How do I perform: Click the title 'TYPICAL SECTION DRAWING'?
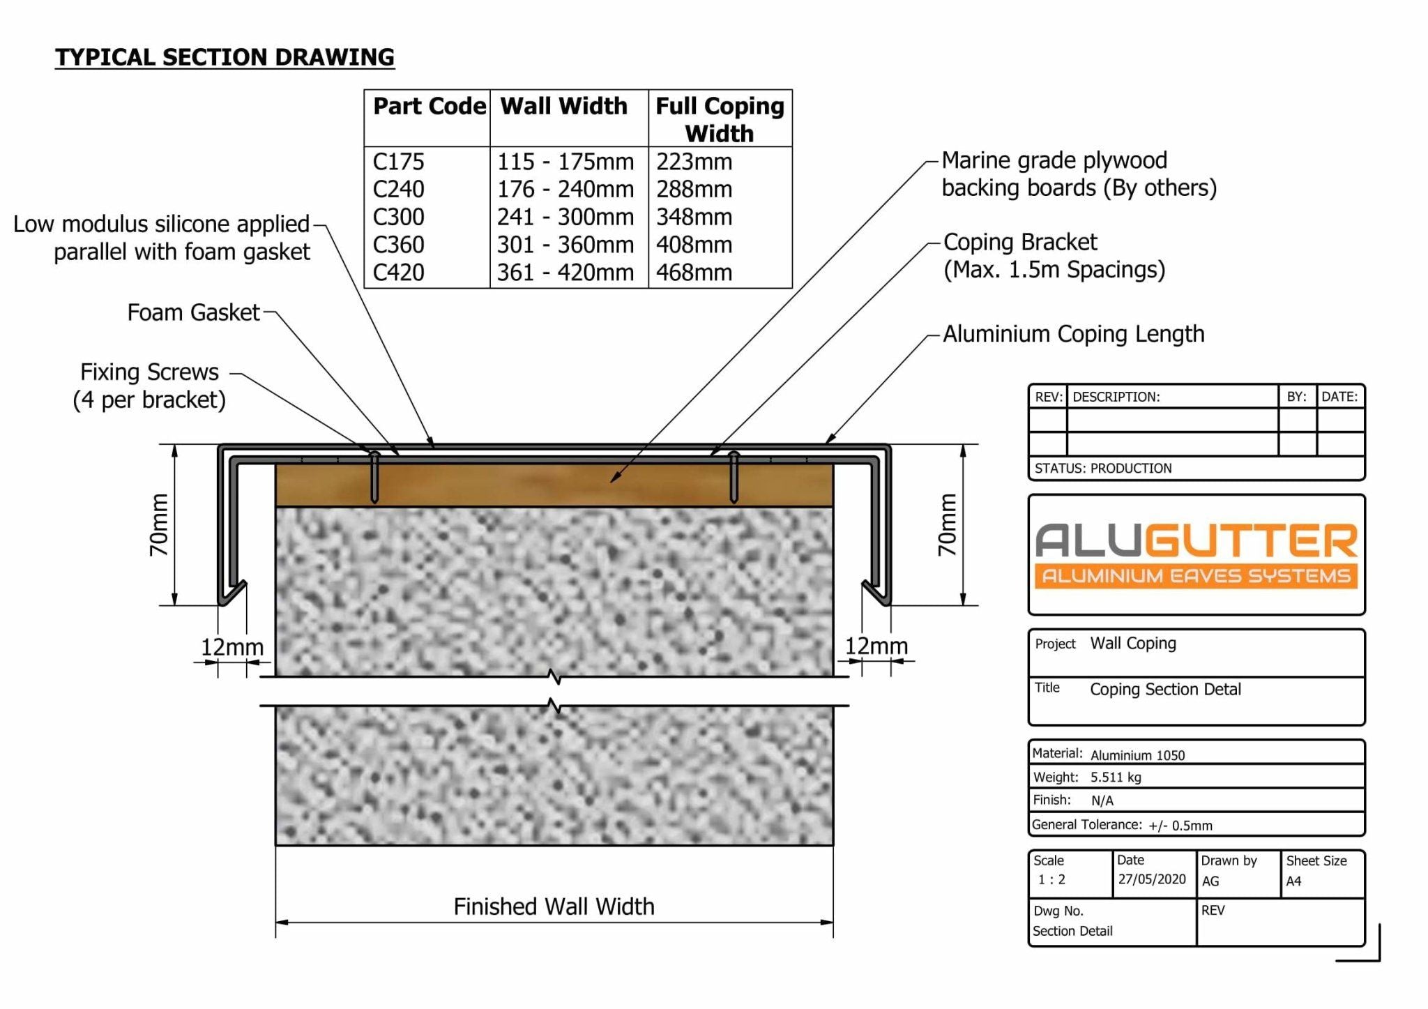pos(225,57)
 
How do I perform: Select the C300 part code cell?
pos(398,217)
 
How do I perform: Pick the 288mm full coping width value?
pos(694,189)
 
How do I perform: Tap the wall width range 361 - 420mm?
pos(565,272)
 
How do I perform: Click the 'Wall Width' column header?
pos(564,106)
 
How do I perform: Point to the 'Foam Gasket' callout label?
pos(193,312)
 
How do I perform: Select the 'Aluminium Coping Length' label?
pos(1074,334)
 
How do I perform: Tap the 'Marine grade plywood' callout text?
pos(1054,160)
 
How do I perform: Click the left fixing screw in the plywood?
pos(374,478)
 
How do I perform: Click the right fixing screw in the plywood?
pos(734,478)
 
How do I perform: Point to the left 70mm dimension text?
pos(160,524)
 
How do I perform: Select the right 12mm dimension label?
pos(876,646)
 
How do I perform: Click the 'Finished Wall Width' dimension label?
pos(554,906)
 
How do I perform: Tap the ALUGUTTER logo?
pos(1197,556)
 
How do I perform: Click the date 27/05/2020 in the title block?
pos(1152,879)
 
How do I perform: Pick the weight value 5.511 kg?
pos(1116,777)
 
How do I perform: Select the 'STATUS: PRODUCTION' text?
pos(1103,469)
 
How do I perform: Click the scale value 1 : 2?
pos(1051,880)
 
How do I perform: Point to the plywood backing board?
pos(554,485)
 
